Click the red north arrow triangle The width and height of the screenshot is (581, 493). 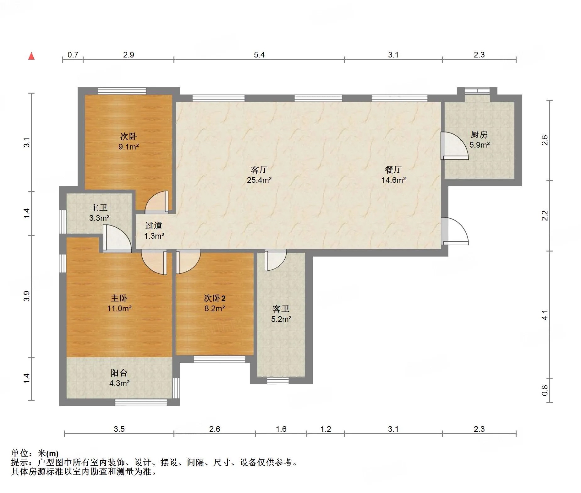point(31,56)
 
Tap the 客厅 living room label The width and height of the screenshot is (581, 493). point(259,170)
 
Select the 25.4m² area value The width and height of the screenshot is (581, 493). point(259,180)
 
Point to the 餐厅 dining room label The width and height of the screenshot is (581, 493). point(393,170)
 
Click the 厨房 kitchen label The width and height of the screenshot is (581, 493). point(479,134)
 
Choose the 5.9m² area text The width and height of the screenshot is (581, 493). point(480,145)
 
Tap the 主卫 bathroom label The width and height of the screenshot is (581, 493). point(99,208)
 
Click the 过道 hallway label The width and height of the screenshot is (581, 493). point(154,225)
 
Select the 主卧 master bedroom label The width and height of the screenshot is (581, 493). point(119,298)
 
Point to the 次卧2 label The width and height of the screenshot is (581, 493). point(215,298)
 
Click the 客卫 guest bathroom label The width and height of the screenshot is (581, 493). point(281,309)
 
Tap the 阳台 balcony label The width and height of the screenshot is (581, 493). point(119,373)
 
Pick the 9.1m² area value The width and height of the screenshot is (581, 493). point(129,147)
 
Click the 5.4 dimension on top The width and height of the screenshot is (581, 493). point(259,55)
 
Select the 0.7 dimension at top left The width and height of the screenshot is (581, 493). point(73,55)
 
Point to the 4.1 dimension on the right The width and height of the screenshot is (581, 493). point(545,315)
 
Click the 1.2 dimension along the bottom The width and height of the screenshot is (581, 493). point(326,429)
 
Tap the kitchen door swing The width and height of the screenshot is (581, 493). point(454,146)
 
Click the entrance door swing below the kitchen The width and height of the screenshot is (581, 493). point(455,231)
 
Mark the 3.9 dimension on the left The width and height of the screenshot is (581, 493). point(27,296)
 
